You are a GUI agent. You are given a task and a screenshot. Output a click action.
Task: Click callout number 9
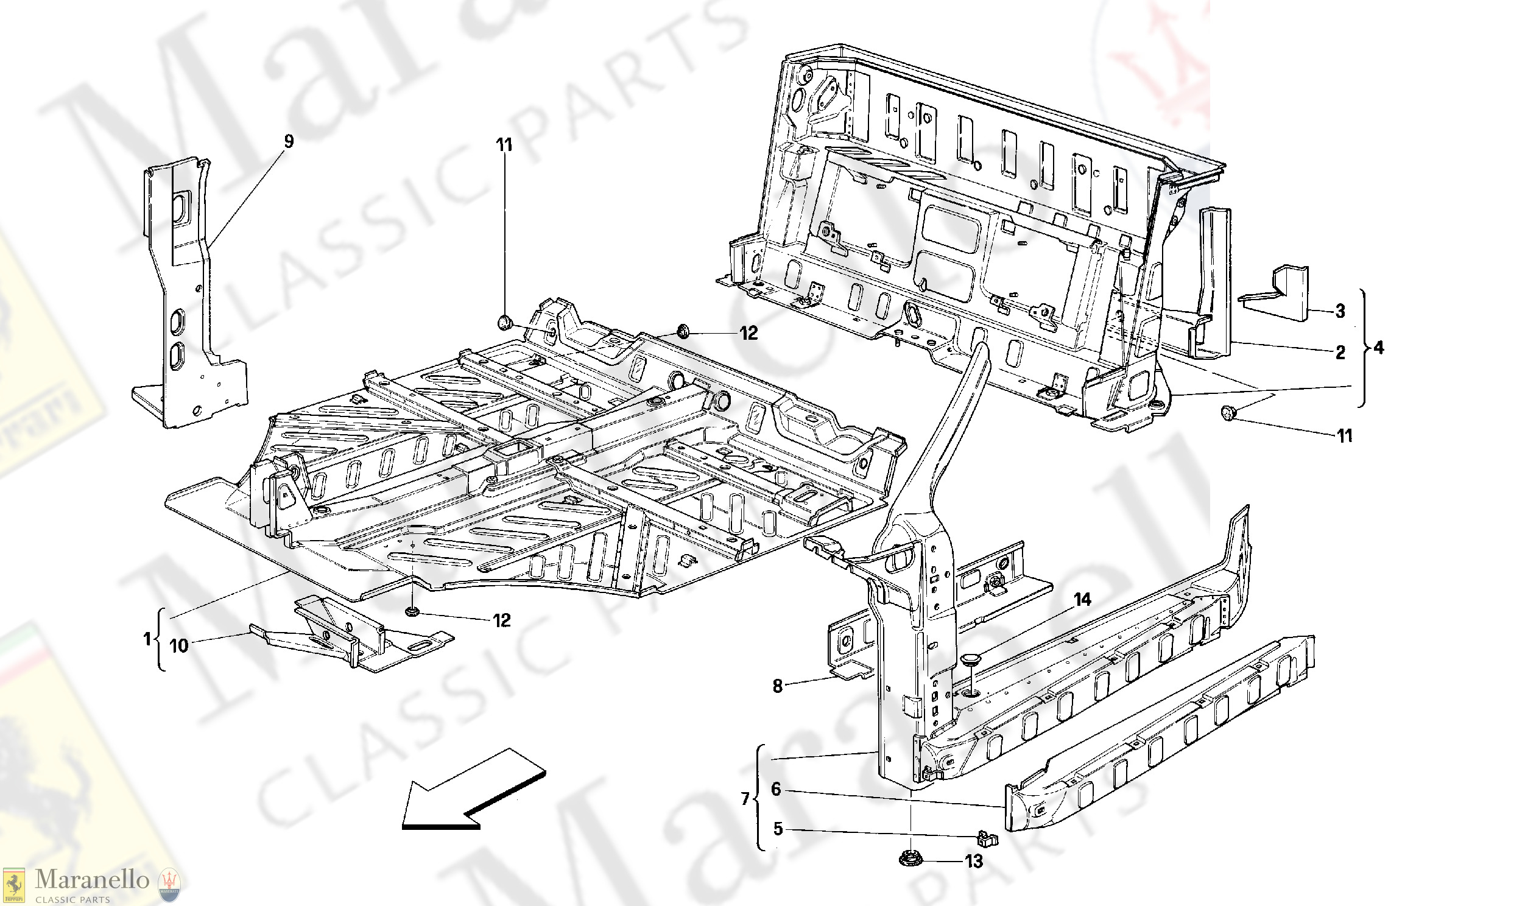pyautogui.click(x=289, y=142)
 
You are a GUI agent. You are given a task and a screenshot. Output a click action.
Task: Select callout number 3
pyautogui.click(x=1340, y=311)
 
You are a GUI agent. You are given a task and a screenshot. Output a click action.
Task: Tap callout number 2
pyautogui.click(x=1340, y=353)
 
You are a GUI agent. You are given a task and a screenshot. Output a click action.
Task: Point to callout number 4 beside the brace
pyautogui.click(x=1378, y=349)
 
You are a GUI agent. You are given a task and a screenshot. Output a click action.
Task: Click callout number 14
pyautogui.click(x=1082, y=600)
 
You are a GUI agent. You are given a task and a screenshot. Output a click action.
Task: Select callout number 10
pyautogui.click(x=178, y=646)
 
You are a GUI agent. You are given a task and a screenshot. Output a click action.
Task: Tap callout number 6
pyautogui.click(x=776, y=789)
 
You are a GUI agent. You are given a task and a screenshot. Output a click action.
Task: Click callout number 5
pyautogui.click(x=778, y=829)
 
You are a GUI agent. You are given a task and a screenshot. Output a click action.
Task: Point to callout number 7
pyautogui.click(x=745, y=799)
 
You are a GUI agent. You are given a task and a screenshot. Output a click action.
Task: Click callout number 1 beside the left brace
pyautogui.click(x=147, y=639)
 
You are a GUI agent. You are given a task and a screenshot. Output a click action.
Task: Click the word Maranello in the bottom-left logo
pyautogui.click(x=91, y=880)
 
